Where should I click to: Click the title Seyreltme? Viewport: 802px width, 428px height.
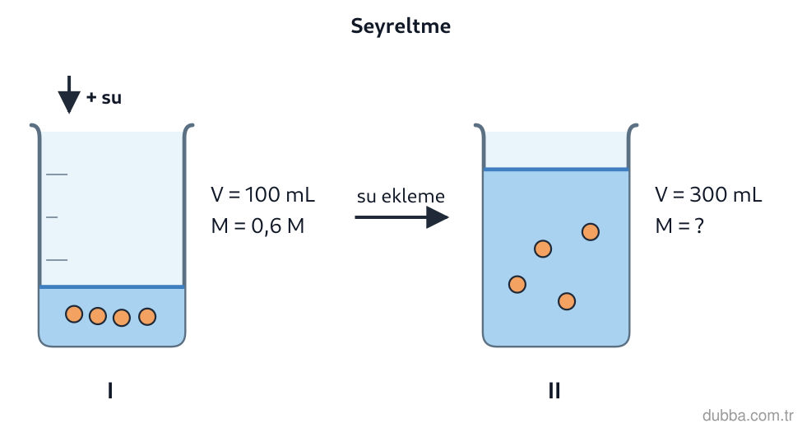(401, 26)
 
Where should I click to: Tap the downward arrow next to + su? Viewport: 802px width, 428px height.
(69, 95)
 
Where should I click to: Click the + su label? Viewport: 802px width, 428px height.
(104, 97)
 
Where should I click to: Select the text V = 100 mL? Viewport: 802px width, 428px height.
(263, 194)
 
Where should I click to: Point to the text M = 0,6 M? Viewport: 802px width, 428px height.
(257, 226)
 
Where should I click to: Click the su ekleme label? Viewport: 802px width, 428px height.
(401, 196)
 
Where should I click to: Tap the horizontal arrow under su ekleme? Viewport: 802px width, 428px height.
(401, 217)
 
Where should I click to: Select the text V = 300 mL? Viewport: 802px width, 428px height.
(708, 194)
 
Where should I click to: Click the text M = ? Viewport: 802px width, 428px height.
(679, 226)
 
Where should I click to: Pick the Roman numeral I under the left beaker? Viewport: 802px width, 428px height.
(110, 391)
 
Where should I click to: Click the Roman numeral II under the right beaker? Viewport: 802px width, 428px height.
(554, 391)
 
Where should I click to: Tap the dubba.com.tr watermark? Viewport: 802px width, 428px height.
(749, 415)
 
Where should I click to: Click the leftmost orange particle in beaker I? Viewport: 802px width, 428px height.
(74, 314)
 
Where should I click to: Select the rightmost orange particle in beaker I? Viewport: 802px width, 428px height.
(147, 316)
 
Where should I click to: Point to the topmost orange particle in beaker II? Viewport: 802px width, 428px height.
(591, 232)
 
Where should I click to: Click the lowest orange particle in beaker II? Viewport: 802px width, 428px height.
(567, 301)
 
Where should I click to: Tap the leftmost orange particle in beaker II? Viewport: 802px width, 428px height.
(517, 284)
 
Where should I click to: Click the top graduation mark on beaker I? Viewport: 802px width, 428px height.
(57, 174)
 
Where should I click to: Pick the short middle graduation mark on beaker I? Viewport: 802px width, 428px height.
(52, 217)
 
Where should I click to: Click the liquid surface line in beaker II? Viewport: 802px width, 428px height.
(556, 169)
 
